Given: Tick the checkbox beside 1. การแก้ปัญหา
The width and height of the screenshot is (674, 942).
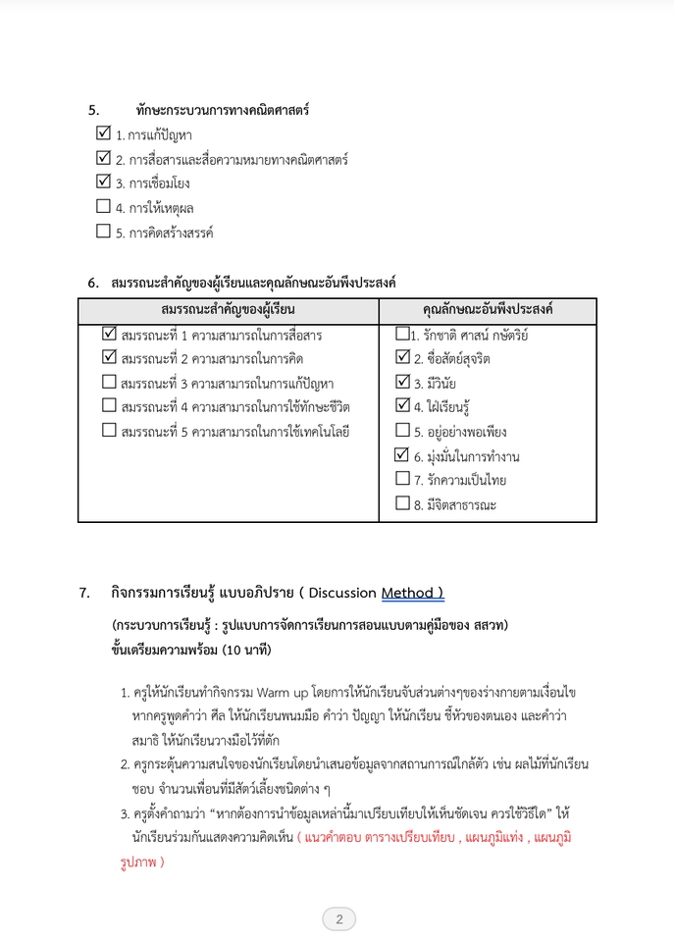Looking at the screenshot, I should (103, 132).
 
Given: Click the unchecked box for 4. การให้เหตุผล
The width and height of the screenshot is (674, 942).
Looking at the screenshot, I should (103, 206).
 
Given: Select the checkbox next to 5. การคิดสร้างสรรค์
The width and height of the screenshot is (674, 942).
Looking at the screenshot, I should (103, 232).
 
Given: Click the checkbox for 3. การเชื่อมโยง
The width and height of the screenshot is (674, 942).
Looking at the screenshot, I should (103, 182).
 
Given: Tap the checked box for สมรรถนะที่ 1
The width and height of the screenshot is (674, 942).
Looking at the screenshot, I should (109, 334).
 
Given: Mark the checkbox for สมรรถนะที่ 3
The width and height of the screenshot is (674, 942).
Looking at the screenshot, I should (109, 382).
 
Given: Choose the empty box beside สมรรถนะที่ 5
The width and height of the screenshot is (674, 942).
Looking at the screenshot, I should (109, 430).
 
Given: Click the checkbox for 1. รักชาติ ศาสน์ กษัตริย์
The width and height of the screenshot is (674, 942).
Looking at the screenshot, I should (401, 334).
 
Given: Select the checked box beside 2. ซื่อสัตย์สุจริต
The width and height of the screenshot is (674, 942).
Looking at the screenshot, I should (401, 358).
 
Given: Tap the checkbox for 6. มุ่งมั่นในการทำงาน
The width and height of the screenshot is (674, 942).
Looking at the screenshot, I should (401, 455).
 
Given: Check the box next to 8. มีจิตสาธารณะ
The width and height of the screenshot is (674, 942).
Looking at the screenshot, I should (401, 503).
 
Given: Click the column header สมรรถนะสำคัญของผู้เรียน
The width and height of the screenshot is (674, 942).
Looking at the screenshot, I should (228, 310).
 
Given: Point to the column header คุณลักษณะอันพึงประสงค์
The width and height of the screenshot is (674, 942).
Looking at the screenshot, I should (487, 310).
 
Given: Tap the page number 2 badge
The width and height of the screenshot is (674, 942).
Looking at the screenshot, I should (338, 919).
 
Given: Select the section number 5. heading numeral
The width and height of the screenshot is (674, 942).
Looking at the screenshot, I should (94, 110).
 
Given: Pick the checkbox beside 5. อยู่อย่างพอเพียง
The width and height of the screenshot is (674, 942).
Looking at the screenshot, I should (401, 430).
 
